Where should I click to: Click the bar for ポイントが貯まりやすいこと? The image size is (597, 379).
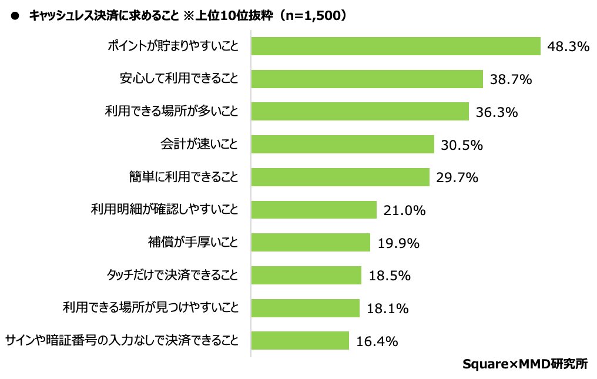pos(395,46)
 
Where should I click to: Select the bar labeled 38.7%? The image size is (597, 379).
pos(367,79)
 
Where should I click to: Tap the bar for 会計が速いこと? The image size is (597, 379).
pos(343,144)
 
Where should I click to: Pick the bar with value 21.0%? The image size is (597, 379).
pos(314,210)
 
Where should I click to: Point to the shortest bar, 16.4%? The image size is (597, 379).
pos(300,340)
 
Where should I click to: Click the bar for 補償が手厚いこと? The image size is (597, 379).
pos(311,242)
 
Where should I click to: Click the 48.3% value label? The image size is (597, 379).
pos(568,46)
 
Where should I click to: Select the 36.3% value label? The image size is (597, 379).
pos(497,112)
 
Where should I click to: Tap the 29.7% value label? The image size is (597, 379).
pos(457,177)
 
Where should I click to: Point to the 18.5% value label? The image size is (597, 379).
pos(389,275)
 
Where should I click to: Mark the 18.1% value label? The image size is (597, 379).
pos(387,308)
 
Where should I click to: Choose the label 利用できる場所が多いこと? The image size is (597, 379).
pos(172,112)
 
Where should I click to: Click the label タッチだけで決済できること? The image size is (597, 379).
pos(172,275)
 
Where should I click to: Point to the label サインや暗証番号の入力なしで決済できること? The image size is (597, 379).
pos(122,340)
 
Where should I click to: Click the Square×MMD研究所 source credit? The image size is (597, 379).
pos(524,364)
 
